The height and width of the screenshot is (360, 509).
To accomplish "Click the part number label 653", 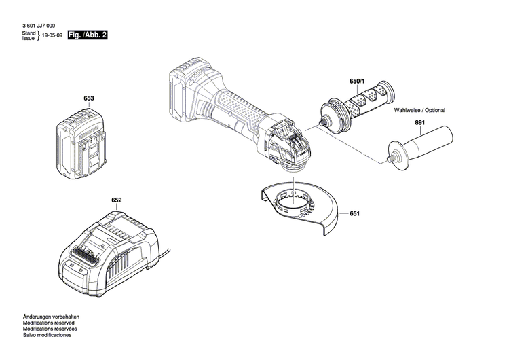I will pos(88,98).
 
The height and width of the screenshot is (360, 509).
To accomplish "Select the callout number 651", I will pos(354,213).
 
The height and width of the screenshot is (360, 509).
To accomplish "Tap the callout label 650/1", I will pos(357,82).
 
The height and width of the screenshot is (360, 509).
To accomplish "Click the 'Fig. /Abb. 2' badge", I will pos(88,34).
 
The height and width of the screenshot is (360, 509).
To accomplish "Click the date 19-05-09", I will pos(52,35).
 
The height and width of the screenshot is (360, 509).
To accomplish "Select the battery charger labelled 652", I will pos(112,248).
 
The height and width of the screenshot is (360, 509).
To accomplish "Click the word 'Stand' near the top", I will pos(29,32).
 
